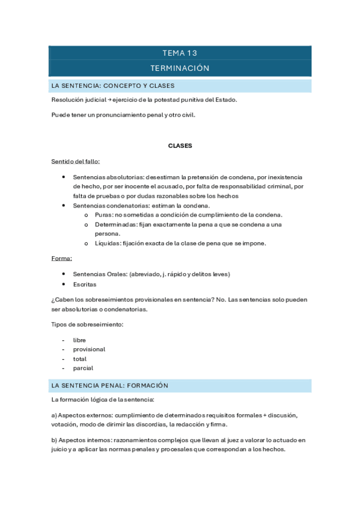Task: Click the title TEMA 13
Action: click(x=180, y=53)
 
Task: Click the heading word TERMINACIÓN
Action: click(x=180, y=68)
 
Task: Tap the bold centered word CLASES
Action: click(x=180, y=146)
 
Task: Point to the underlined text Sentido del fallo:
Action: click(x=76, y=162)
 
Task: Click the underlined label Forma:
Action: click(x=62, y=259)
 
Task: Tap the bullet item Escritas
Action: click(x=84, y=284)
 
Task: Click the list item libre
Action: click(x=79, y=340)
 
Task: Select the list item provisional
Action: click(x=89, y=349)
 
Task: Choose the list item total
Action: click(x=80, y=358)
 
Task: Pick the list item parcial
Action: click(x=83, y=368)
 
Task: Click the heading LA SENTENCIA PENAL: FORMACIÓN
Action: click(x=110, y=385)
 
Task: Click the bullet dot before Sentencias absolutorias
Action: click(x=64, y=177)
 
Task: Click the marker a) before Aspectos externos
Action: click(x=55, y=416)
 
